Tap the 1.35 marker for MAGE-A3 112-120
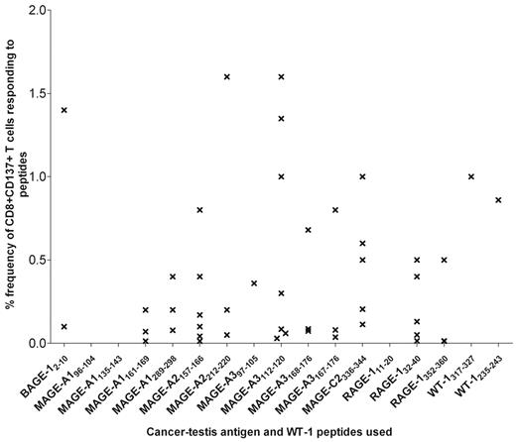[x=282, y=118]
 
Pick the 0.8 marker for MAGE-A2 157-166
[x=200, y=210]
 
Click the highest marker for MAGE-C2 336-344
[x=363, y=176]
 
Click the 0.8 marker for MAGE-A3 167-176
[x=335, y=210]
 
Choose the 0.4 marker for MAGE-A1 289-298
[x=173, y=276]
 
